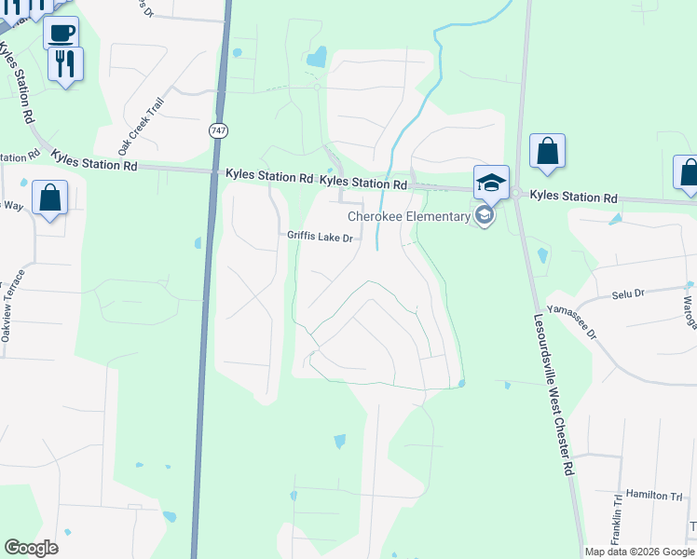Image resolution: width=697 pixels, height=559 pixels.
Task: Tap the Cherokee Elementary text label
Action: [409, 216]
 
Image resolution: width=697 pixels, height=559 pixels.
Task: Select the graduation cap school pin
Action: [491, 181]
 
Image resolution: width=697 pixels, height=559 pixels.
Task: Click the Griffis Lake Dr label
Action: [320, 238]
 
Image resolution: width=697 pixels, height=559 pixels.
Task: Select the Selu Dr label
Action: [628, 293]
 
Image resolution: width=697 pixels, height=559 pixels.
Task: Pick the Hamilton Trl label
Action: [653, 495]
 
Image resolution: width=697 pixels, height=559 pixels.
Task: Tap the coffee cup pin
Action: [61, 33]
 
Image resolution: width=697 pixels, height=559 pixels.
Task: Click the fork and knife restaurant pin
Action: [65, 64]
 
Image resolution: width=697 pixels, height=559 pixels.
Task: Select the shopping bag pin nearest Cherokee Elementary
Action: [547, 151]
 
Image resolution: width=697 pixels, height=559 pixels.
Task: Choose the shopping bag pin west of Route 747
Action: [49, 198]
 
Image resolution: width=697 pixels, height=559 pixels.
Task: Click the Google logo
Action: [31, 548]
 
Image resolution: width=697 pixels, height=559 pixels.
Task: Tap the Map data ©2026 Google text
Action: [638, 552]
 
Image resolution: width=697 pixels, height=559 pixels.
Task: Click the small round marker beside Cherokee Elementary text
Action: [484, 216]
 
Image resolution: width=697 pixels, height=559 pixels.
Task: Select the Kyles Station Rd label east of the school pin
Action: [574, 198]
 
